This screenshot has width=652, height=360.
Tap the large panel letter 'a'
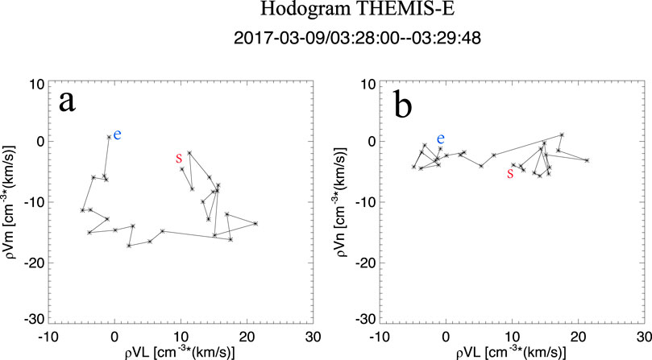pyautogui.click(x=69, y=103)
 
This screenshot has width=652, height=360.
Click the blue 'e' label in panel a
pyautogui.click(x=118, y=134)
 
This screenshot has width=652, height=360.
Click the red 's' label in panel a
pyautogui.click(x=178, y=159)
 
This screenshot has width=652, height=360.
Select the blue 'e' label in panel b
pyautogui.click(x=440, y=139)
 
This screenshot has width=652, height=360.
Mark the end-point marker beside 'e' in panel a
pyautogui.click(x=110, y=137)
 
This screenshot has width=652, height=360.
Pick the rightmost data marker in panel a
pyautogui.click(x=255, y=223)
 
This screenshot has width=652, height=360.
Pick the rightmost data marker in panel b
pyautogui.click(x=587, y=160)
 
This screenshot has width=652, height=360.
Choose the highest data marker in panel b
pyautogui.click(x=562, y=134)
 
